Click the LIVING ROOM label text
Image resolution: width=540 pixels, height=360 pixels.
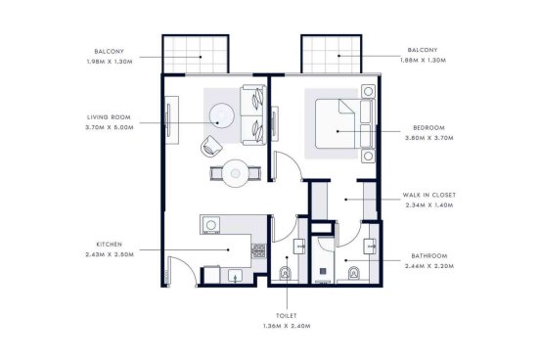pos(109,117)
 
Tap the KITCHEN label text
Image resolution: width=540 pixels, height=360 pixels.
pos(110,245)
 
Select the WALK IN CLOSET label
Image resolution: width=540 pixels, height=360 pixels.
pos(429,195)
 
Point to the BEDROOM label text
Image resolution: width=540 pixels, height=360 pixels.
pos(428,128)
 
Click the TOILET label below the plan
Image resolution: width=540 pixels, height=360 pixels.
pos(287,316)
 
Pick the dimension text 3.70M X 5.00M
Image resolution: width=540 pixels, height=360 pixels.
pos(110,127)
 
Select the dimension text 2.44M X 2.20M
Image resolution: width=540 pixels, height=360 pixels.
pos(429,266)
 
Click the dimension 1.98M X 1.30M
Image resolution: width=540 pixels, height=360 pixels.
pos(110,62)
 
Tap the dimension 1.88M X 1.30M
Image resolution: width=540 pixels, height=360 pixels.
pos(423,61)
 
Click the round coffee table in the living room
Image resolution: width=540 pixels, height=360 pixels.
pos(222,115)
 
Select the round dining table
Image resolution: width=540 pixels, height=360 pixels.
pos(236,173)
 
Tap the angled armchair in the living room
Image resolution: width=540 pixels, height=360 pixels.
pos(211,147)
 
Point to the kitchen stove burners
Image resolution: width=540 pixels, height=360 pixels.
pos(258,250)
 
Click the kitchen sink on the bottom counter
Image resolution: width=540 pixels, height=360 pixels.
pos(236,276)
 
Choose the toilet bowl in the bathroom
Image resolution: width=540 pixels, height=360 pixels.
pos(354,274)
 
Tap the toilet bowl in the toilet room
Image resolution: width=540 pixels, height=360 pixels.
pos(285,274)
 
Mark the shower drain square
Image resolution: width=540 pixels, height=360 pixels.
pos(323,271)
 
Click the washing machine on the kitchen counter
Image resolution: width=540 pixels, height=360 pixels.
pos(210,225)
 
